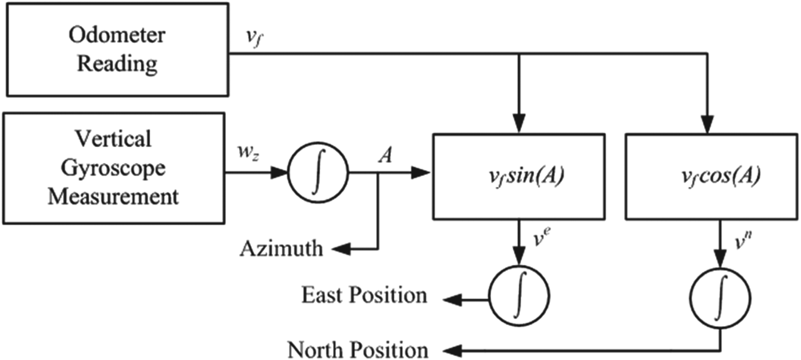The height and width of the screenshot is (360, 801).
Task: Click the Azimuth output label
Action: click(x=281, y=249)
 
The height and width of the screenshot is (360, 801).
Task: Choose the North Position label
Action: click(x=357, y=349)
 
